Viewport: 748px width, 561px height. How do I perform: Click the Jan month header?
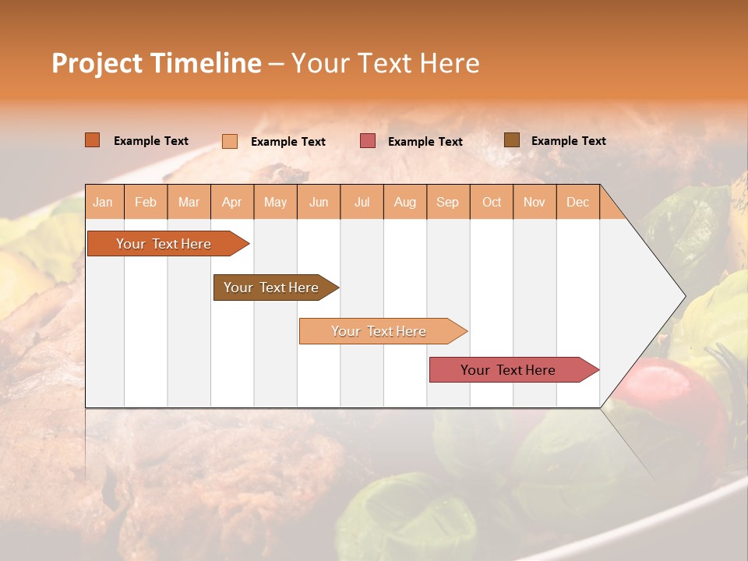(103, 202)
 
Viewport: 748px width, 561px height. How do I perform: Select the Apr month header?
(232, 202)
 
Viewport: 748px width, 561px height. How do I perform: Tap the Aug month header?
(405, 202)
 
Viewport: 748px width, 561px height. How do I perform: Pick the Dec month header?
(577, 202)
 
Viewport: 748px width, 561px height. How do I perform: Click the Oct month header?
(492, 202)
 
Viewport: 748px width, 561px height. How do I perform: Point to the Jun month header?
(319, 202)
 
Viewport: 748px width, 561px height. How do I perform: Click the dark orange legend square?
(93, 140)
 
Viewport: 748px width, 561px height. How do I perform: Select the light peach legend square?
(230, 141)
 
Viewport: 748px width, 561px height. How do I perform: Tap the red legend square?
(368, 141)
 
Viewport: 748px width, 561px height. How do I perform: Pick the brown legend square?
(512, 140)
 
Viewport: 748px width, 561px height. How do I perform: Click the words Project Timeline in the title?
(156, 63)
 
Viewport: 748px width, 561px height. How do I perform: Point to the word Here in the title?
(450, 63)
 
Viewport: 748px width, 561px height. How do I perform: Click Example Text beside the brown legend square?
(568, 140)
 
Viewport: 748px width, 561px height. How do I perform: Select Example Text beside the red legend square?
(425, 141)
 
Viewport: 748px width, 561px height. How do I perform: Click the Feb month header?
(146, 202)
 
